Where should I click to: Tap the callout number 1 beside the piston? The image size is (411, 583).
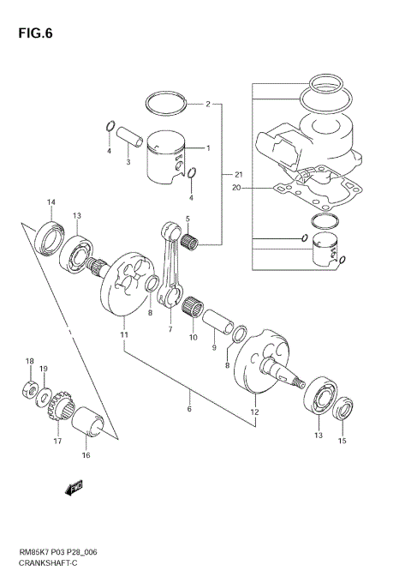(x=206, y=147)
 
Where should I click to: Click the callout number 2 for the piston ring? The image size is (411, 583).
(x=207, y=105)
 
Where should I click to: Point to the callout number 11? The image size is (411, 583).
(x=124, y=334)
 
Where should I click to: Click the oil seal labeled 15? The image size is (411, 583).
(x=345, y=410)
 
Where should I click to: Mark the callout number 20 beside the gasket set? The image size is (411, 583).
(x=235, y=187)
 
